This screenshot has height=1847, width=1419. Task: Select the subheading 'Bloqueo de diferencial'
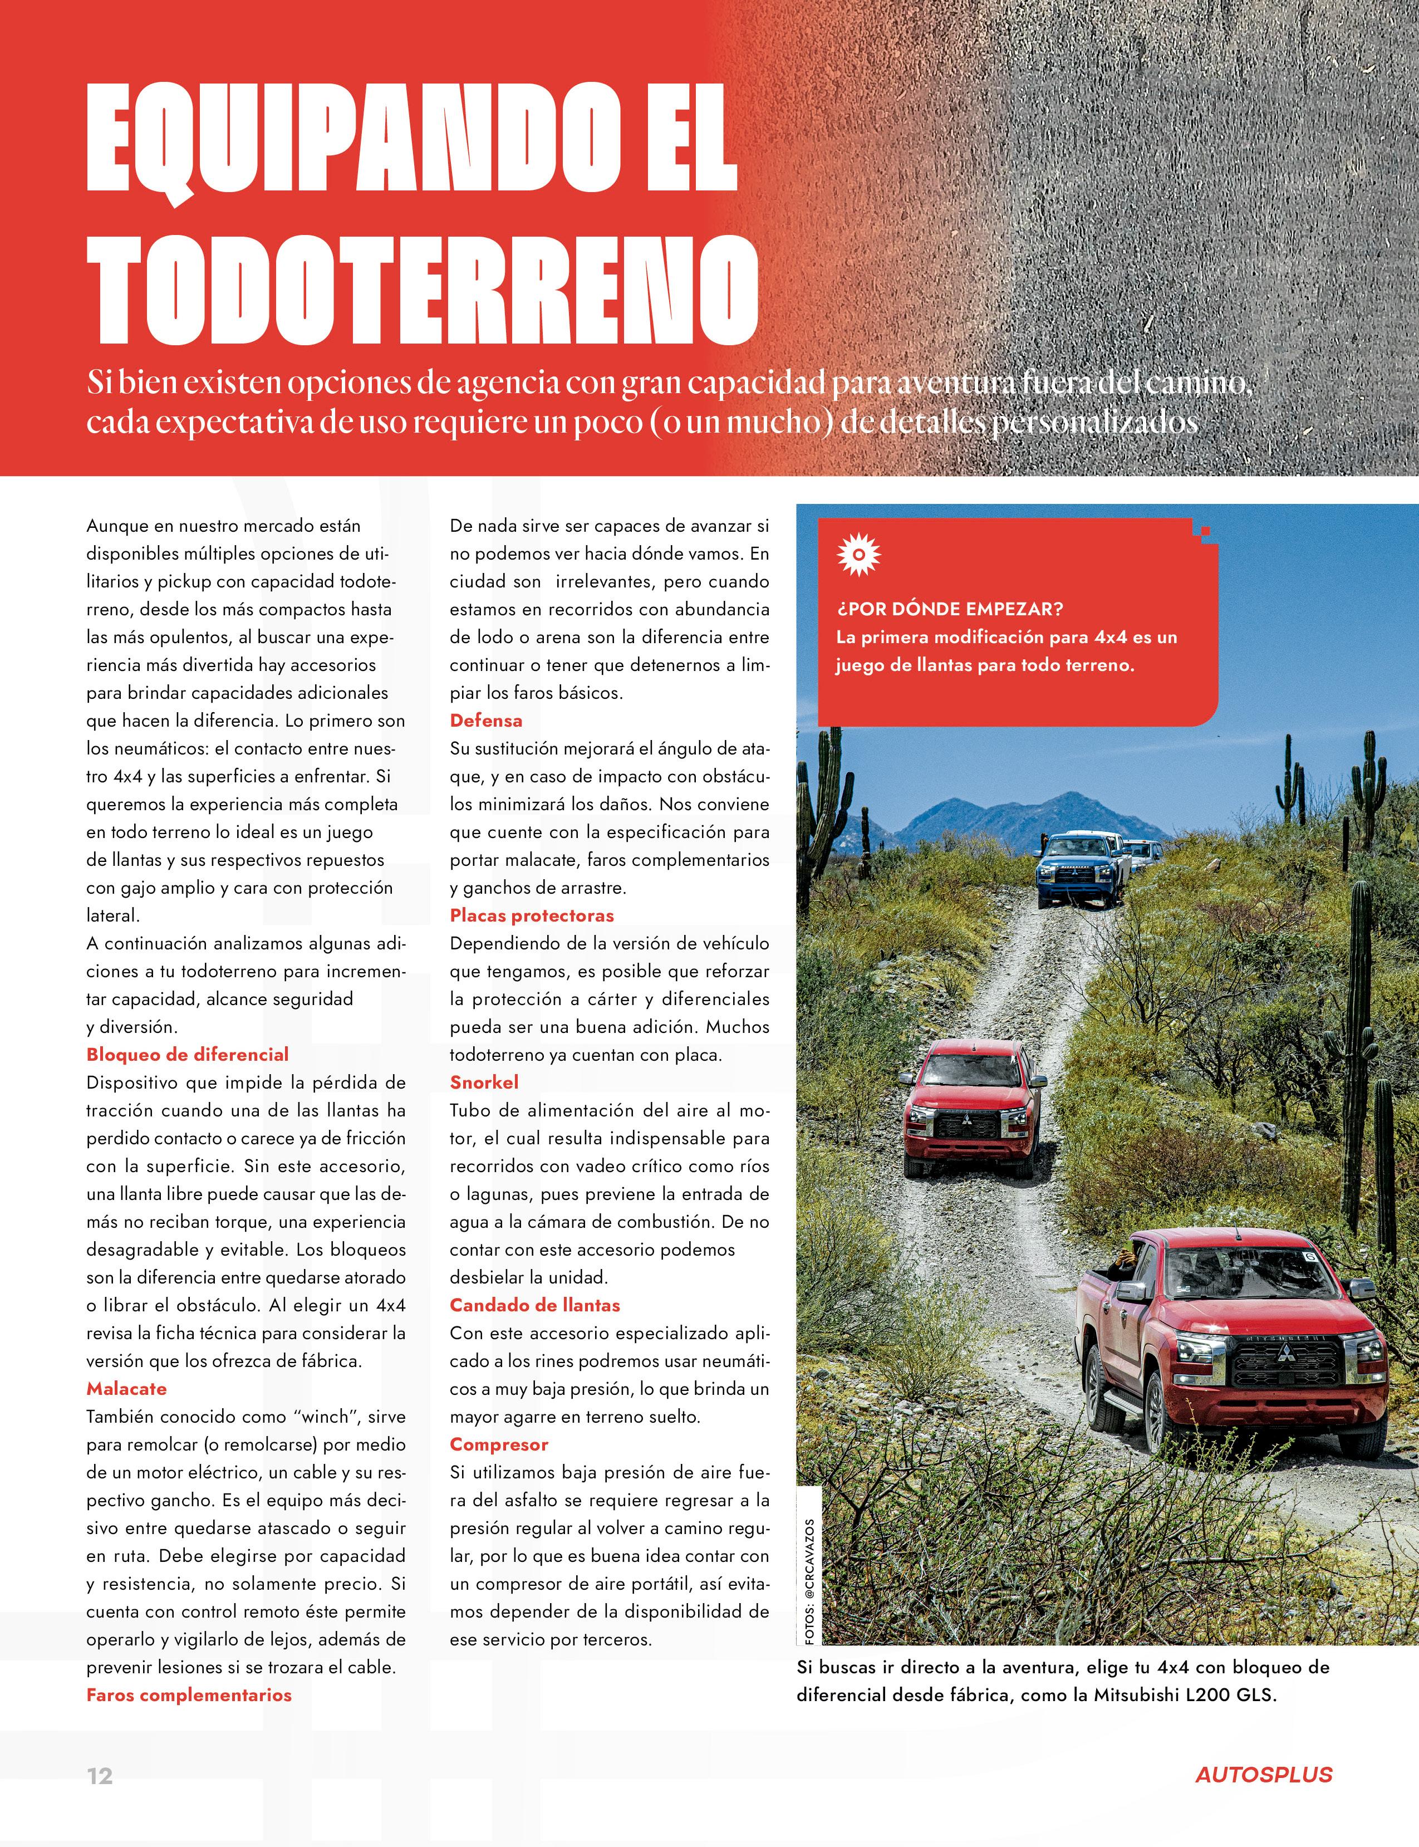(x=188, y=1055)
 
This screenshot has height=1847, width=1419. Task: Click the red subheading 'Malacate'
(x=127, y=1388)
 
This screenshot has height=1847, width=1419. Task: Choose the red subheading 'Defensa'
(x=485, y=721)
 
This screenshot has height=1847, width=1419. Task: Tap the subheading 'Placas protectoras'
(x=531, y=915)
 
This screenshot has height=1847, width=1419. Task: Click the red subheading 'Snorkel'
(x=484, y=1082)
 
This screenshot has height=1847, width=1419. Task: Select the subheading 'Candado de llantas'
(x=534, y=1305)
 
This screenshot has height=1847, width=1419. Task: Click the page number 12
(x=100, y=1776)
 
